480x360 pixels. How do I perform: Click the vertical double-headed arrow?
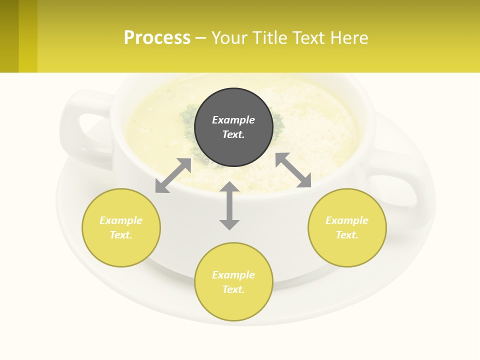coord(229,205)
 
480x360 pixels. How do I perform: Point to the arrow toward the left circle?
coord(173,175)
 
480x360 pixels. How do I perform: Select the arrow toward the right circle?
coord(293,170)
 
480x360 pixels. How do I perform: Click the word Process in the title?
coord(157,37)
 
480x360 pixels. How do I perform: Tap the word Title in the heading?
coord(269,37)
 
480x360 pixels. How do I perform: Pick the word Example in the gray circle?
coord(233,120)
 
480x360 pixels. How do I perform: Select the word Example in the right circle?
coord(347,220)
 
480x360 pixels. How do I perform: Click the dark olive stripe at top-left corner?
coord(9,36)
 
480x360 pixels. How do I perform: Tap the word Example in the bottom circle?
coord(233,275)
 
